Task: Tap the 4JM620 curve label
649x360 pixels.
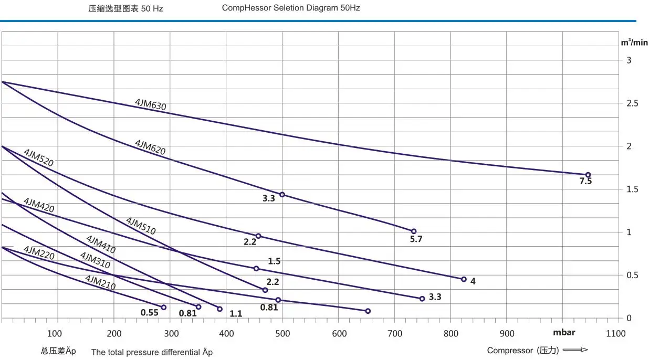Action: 150,147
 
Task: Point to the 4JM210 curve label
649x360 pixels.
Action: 100,282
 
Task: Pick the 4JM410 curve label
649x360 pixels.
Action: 100,245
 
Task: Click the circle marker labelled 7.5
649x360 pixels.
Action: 588,175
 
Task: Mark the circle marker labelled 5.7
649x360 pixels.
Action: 413,231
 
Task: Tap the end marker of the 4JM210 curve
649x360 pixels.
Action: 163,308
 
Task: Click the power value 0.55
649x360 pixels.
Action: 149,313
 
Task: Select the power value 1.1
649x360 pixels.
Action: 236,314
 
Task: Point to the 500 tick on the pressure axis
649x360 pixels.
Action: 283,333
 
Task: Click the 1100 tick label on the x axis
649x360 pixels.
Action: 615,333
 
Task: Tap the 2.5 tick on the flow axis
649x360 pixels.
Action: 632,103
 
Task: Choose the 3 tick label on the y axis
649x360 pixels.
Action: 629,60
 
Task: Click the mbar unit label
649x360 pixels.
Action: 564,332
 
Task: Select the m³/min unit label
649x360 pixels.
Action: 634,43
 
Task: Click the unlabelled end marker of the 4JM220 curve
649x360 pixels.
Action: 368,311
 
